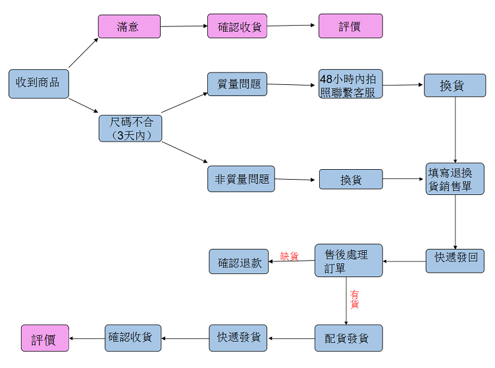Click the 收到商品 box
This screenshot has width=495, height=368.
pyautogui.click(x=38, y=83)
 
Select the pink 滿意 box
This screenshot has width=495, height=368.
pyautogui.click(x=130, y=26)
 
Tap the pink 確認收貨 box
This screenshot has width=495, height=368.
pyautogui.click(x=237, y=26)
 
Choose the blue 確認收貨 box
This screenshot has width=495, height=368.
pyautogui.click(x=134, y=337)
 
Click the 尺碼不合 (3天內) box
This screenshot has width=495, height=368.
pyautogui.click(x=130, y=128)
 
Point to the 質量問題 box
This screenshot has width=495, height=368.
pyautogui.click(x=238, y=84)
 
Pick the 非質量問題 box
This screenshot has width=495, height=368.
pyautogui.click(x=242, y=178)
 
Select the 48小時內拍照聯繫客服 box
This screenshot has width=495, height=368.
pyautogui.click(x=351, y=84)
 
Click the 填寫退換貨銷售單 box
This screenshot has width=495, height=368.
pyautogui.click(x=455, y=178)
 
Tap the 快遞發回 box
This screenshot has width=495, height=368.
pyautogui.click(x=455, y=261)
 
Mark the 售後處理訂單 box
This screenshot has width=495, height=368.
pyautogui.click(x=349, y=261)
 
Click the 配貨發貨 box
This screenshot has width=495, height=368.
pyautogui.click(x=348, y=338)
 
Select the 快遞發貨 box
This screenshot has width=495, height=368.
pyautogui.click(x=239, y=338)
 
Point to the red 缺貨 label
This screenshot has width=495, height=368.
pyautogui.click(x=290, y=257)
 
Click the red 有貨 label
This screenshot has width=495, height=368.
pyautogui.click(x=355, y=300)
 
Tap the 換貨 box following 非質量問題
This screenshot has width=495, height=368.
pyautogui.click(x=351, y=179)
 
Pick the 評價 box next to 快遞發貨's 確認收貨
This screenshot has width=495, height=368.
pyautogui.click(x=45, y=338)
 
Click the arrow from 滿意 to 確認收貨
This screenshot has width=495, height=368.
pyautogui.click(x=184, y=26)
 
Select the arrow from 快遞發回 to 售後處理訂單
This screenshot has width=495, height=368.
pyautogui.click(x=404, y=261)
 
